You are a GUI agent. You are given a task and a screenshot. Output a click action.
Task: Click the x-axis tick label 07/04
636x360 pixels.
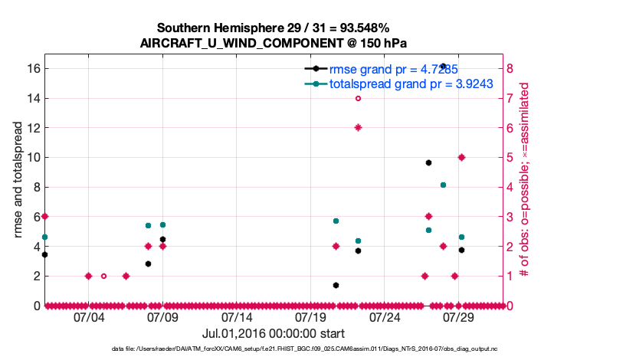[89, 316]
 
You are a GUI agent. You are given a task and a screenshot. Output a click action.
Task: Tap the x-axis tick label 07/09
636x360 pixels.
[162, 316]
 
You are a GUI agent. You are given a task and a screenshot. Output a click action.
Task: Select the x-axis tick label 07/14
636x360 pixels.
[237, 316]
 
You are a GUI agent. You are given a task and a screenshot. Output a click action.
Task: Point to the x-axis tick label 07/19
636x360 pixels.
[311, 316]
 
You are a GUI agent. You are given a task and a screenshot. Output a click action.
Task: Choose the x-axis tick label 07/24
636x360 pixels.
[385, 316]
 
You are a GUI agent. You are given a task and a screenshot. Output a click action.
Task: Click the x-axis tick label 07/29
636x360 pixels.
[460, 316]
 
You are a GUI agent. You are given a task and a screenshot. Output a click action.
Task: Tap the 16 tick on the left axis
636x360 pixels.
[31, 68]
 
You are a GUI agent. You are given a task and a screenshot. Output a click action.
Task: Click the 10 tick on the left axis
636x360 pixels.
[31, 157]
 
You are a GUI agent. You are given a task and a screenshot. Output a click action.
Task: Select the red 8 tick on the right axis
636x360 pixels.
[510, 68]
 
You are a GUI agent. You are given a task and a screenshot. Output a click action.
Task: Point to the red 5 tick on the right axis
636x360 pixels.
[510, 157]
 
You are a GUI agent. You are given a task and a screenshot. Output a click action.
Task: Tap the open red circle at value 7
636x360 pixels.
[358, 98]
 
